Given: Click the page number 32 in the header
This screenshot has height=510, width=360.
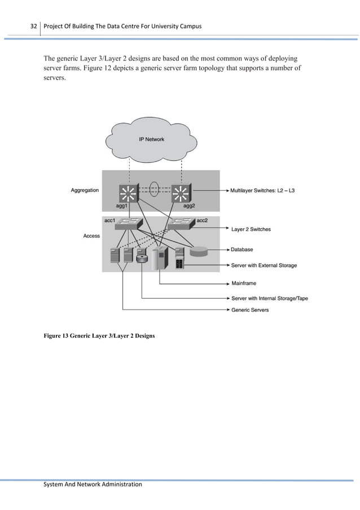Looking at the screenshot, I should [x=33, y=27].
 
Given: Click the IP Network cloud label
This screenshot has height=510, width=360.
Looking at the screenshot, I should [x=152, y=139].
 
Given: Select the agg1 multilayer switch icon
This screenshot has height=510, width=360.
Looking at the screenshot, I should [x=129, y=194].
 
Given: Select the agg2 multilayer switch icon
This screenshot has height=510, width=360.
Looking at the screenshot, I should [x=181, y=194].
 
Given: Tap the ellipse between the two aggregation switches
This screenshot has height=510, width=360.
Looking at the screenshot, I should [x=155, y=187].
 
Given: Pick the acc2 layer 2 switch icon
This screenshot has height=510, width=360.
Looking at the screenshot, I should [x=182, y=224].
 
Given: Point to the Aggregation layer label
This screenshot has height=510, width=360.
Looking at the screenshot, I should [x=85, y=191].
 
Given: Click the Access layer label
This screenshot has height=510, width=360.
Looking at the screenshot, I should [x=91, y=236].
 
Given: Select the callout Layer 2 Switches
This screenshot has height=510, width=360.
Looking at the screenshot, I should [x=251, y=229].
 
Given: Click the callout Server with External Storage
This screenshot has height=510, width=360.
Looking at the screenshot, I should [x=264, y=265].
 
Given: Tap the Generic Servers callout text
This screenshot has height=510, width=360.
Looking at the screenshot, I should [x=250, y=310].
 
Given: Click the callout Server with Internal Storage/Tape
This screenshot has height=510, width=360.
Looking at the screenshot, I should [x=269, y=298].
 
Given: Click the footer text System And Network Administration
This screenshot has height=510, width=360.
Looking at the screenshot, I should [x=93, y=484].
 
